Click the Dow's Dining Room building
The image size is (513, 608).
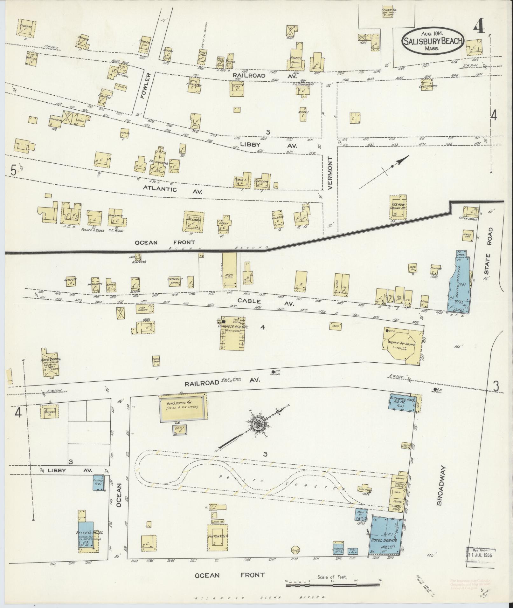point(181,405)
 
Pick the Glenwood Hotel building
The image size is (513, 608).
point(402,402)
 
